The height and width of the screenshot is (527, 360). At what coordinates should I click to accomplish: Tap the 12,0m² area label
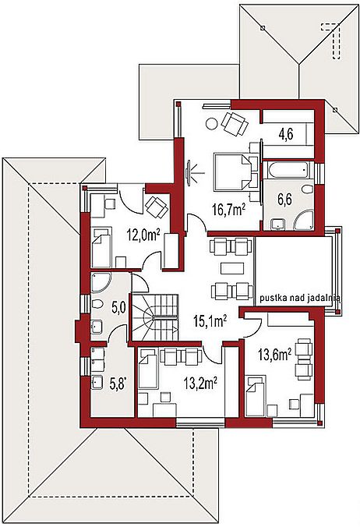click(143, 234)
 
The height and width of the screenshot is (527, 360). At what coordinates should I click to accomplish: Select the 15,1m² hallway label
click(210, 321)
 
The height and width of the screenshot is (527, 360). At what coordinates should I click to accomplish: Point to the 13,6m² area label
click(274, 354)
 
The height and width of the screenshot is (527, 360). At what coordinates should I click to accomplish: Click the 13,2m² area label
click(200, 383)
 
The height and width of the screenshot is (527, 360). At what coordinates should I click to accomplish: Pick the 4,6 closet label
click(286, 134)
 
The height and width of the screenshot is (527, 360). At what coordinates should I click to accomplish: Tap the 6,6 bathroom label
click(284, 199)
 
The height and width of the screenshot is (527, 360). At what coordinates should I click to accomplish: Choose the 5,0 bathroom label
click(118, 308)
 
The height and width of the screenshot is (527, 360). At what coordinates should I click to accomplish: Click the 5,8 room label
click(118, 384)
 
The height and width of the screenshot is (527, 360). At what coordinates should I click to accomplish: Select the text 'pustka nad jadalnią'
click(300, 298)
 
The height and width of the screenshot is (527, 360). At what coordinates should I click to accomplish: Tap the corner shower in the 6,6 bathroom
click(304, 221)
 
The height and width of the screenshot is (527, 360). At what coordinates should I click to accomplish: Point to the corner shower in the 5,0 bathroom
click(101, 281)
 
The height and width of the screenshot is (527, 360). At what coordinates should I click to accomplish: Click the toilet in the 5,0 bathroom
click(97, 304)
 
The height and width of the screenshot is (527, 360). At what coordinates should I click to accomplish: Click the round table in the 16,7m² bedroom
click(212, 124)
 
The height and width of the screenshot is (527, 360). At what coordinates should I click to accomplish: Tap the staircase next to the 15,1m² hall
click(155, 317)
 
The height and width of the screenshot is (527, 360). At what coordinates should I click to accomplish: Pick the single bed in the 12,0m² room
click(101, 247)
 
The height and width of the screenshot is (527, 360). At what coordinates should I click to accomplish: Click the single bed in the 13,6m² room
click(256, 396)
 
